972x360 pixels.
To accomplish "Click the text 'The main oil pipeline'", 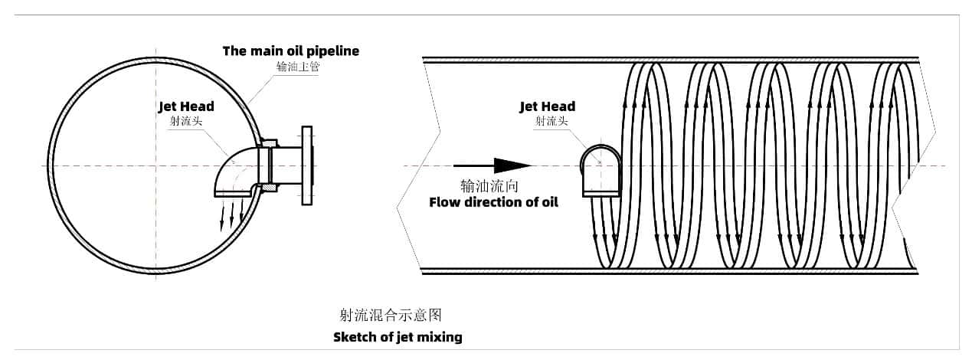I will [x=290, y=51].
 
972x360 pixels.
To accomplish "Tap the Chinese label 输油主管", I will [x=298, y=67].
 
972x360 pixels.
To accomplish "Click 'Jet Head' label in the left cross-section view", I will [x=186, y=106].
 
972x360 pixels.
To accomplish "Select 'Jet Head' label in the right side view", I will [x=547, y=106].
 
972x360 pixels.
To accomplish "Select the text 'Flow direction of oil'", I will [x=493, y=202].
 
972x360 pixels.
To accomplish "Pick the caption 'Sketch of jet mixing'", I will [x=398, y=337].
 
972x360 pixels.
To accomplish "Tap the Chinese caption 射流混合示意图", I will [x=391, y=315].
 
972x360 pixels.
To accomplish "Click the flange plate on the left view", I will [x=307, y=165].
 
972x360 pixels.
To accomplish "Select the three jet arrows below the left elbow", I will [x=232, y=214].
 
